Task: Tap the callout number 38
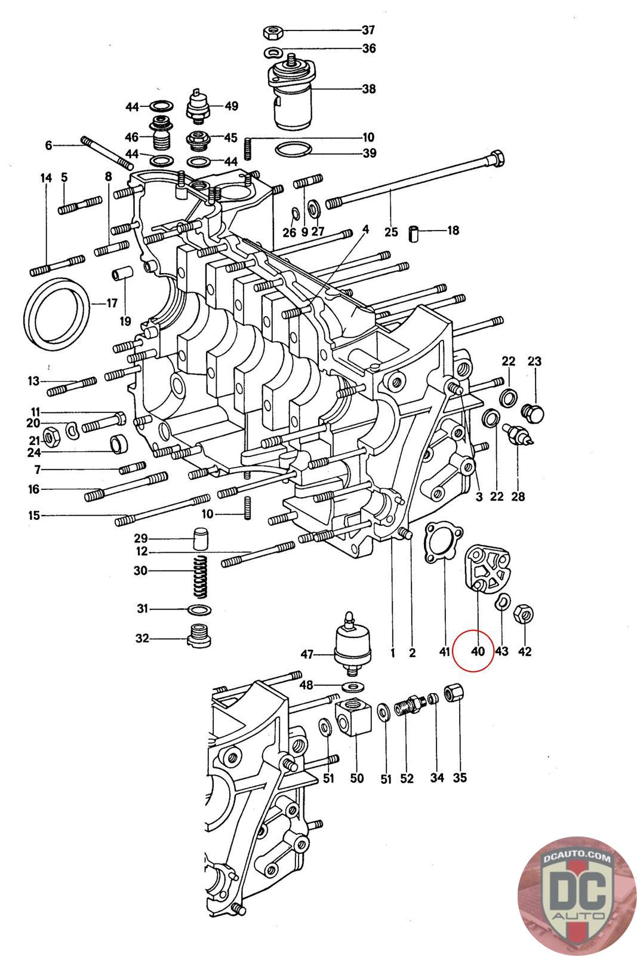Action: coord(369,89)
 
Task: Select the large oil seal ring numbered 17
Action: coord(57,310)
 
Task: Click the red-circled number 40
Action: coord(478,652)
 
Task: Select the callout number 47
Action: coord(307,654)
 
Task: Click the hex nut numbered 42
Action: coord(524,614)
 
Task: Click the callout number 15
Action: coord(34,515)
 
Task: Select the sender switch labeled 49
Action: coord(198,105)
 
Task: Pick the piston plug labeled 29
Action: coord(201,538)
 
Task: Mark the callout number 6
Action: coord(48,146)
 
